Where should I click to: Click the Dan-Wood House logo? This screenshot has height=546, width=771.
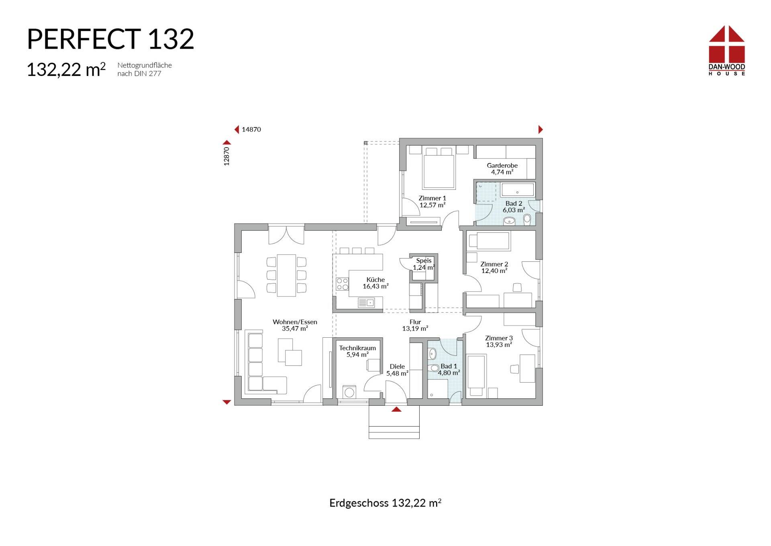[726, 51]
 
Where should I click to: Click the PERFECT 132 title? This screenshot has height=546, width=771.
[110, 39]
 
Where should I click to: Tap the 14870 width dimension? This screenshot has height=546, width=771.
[251, 129]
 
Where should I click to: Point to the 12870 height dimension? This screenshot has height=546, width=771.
[226, 156]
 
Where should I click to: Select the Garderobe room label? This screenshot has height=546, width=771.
[502, 168]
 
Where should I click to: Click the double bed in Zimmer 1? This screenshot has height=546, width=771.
[439, 169]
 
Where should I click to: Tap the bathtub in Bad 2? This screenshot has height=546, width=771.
[518, 190]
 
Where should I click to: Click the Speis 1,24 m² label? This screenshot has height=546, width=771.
[424, 264]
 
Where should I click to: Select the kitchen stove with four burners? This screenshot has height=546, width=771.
[343, 284]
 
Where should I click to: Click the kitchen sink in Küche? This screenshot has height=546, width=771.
[366, 302]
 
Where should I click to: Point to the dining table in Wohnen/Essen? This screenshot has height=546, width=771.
[286, 275]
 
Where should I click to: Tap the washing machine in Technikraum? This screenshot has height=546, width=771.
[349, 392]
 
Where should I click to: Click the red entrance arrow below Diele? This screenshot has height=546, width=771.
[396, 410]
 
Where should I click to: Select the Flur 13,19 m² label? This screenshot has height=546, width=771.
[415, 325]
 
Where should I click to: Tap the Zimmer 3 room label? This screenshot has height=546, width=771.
[499, 341]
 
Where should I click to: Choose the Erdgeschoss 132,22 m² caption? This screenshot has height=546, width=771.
[385, 503]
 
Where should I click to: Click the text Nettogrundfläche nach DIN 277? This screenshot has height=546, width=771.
[145, 69]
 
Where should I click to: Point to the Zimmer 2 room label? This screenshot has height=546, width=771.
[494, 267]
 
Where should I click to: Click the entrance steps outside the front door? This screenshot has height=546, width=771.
[394, 426]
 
